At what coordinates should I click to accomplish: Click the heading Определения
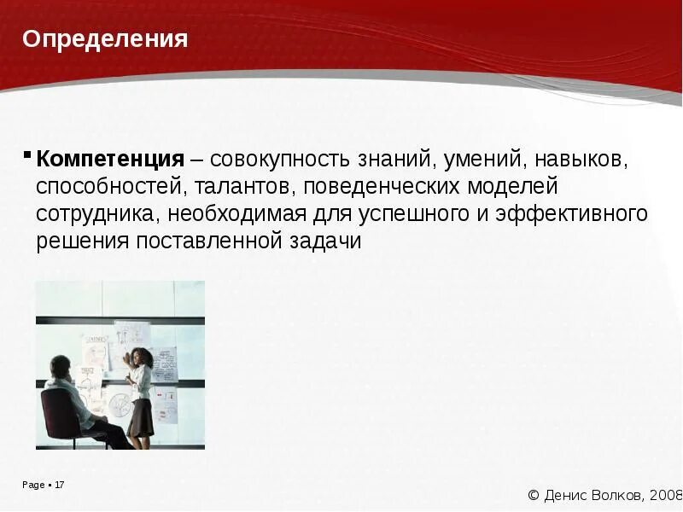105,39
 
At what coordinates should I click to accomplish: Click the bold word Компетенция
110,159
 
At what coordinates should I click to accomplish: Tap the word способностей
111,186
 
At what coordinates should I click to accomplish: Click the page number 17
60,485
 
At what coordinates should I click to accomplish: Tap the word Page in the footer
33,485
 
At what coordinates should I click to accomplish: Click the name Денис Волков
594,495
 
